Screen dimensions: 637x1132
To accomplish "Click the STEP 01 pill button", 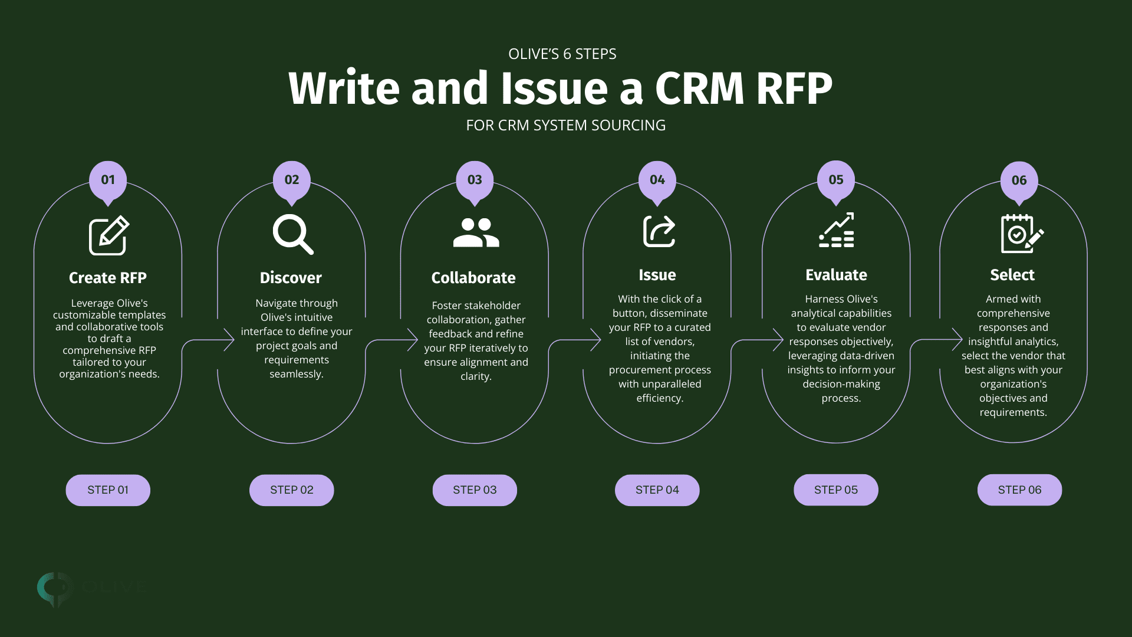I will [108, 490].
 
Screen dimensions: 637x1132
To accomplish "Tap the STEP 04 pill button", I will [657, 490].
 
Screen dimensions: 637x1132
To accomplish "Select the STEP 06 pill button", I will [1019, 490].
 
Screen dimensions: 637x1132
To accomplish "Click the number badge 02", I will [292, 180].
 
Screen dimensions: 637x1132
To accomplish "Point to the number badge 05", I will [836, 180].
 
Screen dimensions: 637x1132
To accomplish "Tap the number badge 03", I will [475, 180].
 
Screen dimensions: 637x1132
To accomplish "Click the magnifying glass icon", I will [292, 234].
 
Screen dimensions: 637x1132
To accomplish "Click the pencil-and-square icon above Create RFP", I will [108, 235].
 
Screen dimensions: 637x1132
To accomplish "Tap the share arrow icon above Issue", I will [659, 231].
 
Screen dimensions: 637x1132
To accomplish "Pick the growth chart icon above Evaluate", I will [837, 230].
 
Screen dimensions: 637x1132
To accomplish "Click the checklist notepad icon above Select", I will [1021, 234].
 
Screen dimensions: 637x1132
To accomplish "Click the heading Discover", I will [291, 278].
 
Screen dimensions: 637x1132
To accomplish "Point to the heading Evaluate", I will [836, 275].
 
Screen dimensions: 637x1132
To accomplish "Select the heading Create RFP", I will [108, 278].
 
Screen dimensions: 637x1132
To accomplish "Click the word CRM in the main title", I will [700, 88].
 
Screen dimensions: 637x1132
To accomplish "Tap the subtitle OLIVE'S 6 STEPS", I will [562, 54].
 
